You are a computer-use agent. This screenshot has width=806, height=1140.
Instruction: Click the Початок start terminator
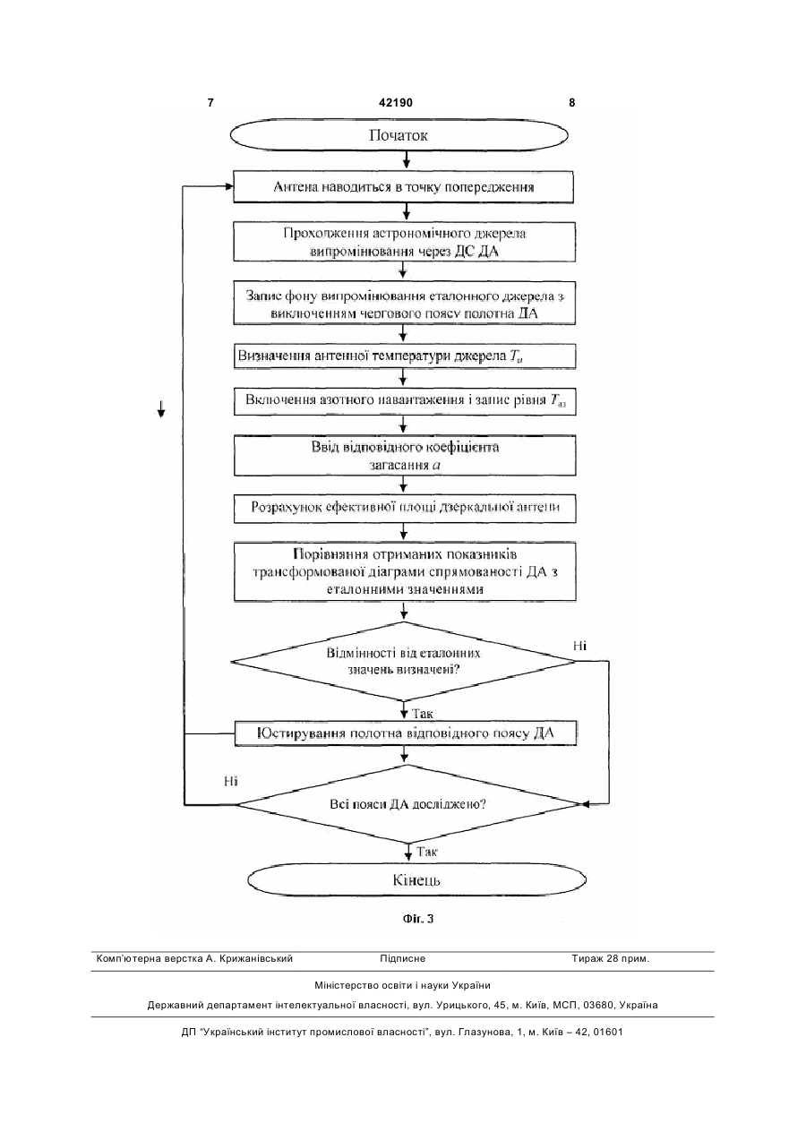[399, 135]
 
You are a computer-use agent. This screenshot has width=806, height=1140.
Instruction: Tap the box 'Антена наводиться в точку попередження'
[404, 187]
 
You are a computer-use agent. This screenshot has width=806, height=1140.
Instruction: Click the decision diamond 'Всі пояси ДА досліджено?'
[408, 804]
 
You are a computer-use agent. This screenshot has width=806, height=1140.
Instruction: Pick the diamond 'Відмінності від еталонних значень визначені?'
[404, 662]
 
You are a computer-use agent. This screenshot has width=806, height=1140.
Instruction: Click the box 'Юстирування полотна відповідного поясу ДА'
[406, 733]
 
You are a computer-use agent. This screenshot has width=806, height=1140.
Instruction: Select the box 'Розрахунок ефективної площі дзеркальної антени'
[405, 508]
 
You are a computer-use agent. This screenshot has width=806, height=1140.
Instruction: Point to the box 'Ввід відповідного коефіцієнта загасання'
[405, 456]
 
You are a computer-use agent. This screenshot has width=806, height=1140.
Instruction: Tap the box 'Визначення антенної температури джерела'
[405, 356]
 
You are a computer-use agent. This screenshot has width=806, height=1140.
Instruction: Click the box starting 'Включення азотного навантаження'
[405, 401]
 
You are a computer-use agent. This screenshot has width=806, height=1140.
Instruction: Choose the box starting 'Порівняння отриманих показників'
[405, 571]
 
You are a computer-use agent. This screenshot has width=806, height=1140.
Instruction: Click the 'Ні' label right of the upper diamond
[579, 646]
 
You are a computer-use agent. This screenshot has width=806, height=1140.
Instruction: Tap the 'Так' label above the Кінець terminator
[426, 852]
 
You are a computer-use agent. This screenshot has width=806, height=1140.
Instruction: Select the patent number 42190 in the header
[396, 103]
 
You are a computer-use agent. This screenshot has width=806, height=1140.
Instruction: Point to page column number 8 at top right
[572, 103]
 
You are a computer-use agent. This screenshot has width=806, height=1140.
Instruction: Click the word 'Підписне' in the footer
[402, 959]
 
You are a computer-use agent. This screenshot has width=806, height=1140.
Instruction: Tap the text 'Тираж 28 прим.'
[611, 959]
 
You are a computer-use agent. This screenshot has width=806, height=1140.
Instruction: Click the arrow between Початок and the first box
[406, 161]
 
